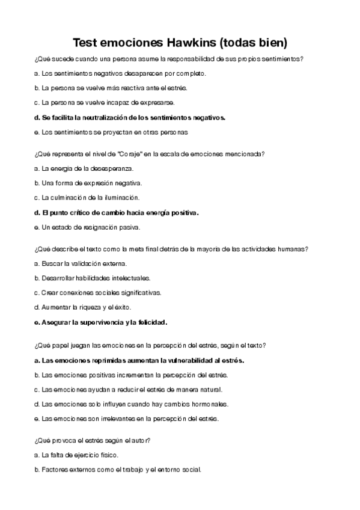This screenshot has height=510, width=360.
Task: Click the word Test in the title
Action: [x=85, y=43]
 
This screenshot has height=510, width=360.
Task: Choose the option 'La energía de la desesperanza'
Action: [x=84, y=168]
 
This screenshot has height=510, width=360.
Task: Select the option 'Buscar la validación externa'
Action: [x=81, y=263]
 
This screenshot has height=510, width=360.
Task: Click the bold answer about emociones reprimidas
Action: [x=139, y=360]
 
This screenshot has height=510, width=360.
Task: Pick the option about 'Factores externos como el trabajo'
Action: [x=117, y=469]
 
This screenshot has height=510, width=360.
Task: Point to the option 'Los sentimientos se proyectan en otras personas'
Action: [x=111, y=132]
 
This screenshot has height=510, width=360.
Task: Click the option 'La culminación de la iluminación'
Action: [x=87, y=197]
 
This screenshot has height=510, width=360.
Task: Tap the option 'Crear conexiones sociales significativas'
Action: [x=97, y=293]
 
